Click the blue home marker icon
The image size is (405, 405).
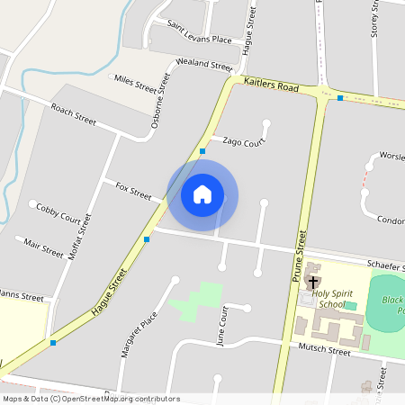pyautogui.click(x=202, y=194)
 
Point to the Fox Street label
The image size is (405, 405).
pyautogui.click(x=133, y=190)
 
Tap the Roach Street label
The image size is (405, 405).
pyautogui.click(x=74, y=113)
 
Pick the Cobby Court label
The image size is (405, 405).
pyautogui.click(x=58, y=211)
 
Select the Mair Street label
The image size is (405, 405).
pyautogui.click(x=44, y=245)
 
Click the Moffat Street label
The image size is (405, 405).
pyautogui.click(x=81, y=237)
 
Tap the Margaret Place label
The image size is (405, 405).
pyautogui.click(x=139, y=334)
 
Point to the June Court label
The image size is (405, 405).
pyautogui.click(x=222, y=326)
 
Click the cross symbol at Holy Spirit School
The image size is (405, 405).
pyautogui.click(x=312, y=282)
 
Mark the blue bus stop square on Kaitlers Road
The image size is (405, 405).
pyautogui.click(x=340, y=97)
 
